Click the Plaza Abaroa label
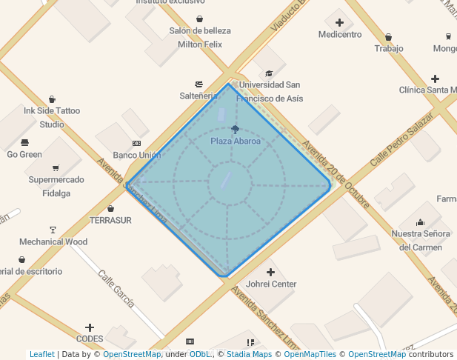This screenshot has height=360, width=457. pos(236,141)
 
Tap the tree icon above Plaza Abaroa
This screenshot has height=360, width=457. pos(236,130)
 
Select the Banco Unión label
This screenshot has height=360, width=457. pos(137,155)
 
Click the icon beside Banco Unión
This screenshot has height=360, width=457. pos(136,143)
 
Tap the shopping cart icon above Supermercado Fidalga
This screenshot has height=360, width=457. pos(56,167)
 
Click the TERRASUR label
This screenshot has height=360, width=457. pos(110,220)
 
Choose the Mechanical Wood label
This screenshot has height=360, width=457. pos(53,241)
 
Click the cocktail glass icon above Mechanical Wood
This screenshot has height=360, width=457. pos(53,230)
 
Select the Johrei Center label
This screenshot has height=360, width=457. pos(271,284)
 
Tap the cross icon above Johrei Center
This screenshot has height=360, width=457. pos(270,272)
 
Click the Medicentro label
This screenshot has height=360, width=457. pos(340,34)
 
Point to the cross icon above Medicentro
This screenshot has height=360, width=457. pos(340,22)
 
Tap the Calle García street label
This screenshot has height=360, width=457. pos(116,288)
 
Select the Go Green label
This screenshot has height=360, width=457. pos(24,154)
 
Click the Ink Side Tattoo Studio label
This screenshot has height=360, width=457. pos(52,117)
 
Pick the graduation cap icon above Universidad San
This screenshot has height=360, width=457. pos(269,73)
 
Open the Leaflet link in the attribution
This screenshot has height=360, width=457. pos(41,354)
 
